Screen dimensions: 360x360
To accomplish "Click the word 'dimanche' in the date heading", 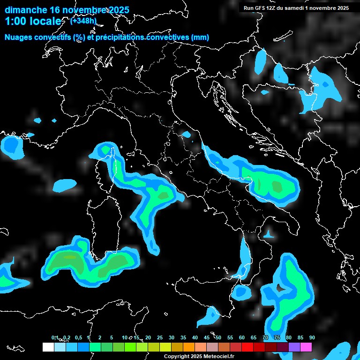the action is point(26,10).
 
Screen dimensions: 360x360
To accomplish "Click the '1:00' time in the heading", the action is point(14,21).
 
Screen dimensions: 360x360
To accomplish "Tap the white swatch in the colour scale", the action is point(48,347).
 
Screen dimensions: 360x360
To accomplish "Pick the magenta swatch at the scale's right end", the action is point(306,347).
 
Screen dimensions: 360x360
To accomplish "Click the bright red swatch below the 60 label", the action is point(247,347).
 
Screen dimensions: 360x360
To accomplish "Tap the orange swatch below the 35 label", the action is point(189,347).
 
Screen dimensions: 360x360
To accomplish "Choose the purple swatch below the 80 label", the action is point(294,347).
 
